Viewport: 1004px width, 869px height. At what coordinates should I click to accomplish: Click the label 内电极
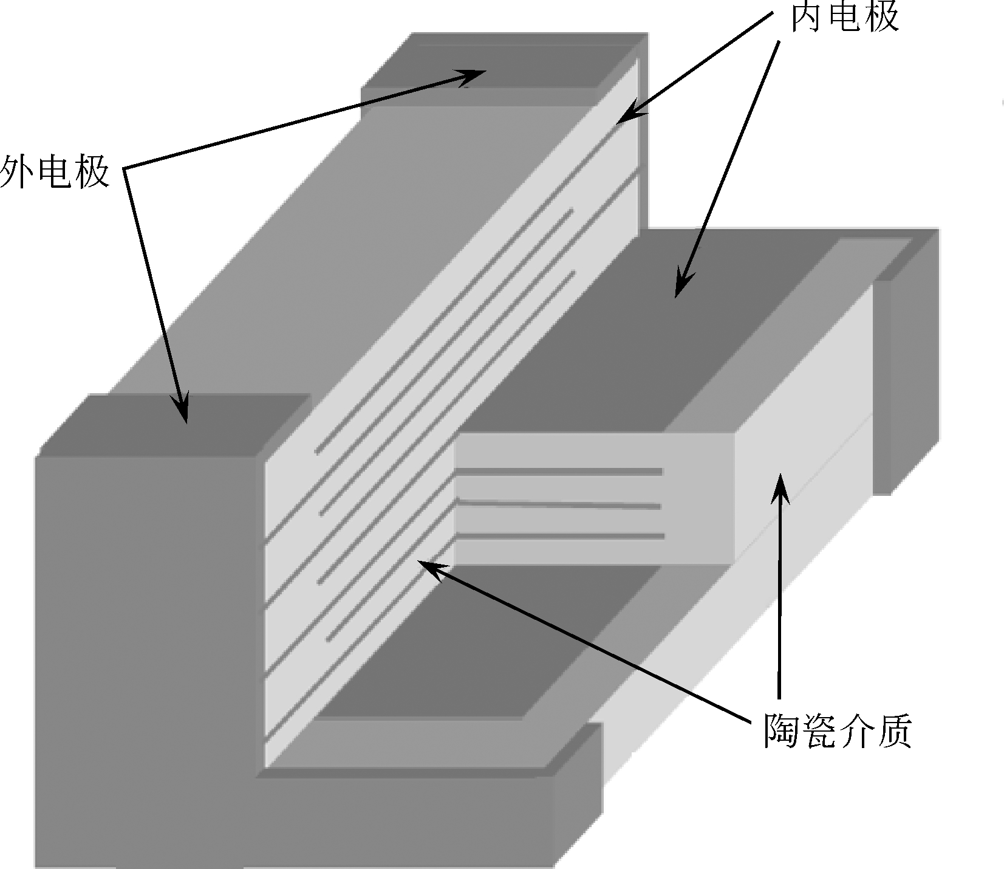(844, 17)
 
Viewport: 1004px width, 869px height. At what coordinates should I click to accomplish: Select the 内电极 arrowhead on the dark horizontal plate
(680, 288)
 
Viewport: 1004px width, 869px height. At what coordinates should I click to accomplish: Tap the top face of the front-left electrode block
(176, 425)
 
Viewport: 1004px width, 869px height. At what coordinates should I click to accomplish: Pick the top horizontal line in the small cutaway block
(559, 471)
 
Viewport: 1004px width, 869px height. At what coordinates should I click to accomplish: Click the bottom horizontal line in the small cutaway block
(559, 536)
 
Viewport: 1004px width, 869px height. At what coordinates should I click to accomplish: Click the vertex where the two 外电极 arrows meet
(126, 168)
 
